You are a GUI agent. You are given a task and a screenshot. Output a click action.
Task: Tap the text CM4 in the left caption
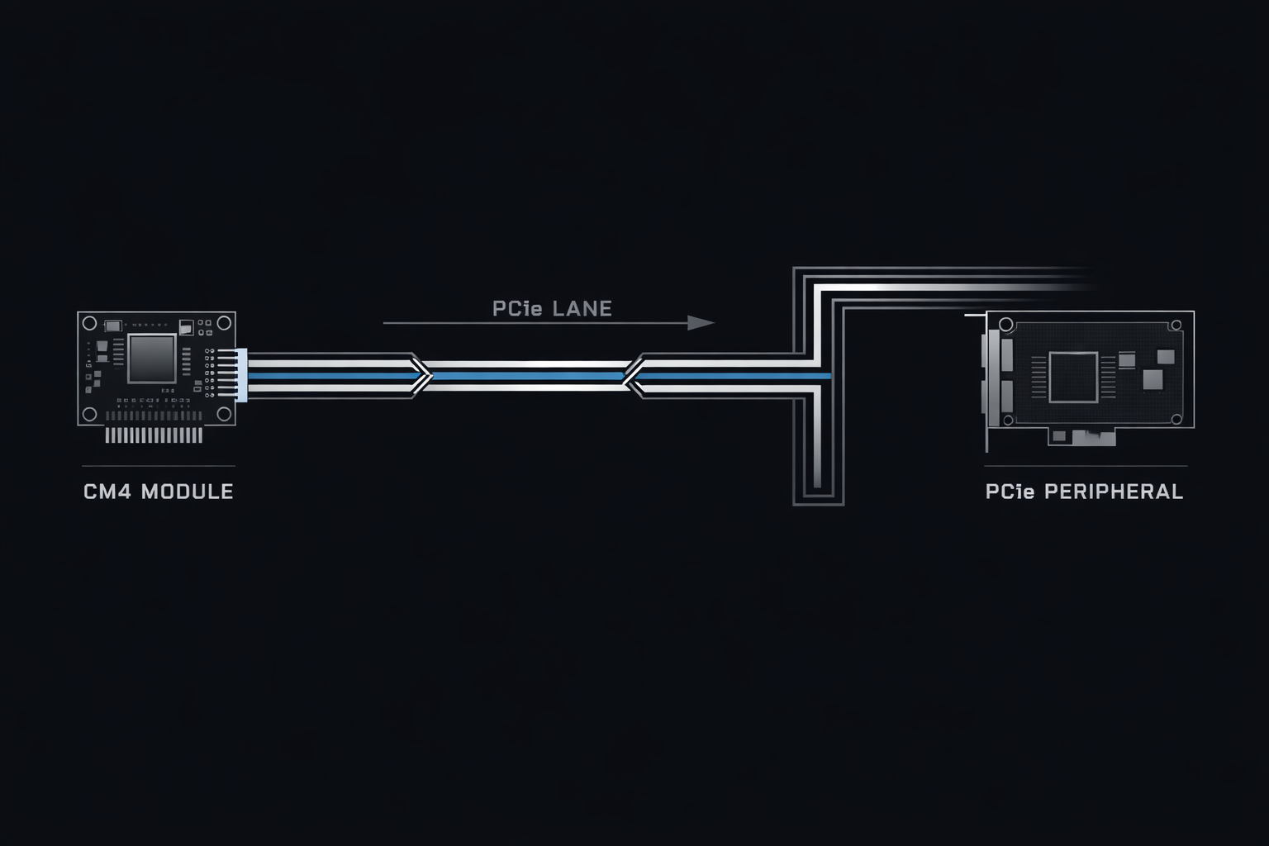pos(107,492)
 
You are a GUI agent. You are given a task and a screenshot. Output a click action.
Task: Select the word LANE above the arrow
pos(582,309)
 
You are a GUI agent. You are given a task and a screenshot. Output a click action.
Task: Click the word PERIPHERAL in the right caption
pos(1113,492)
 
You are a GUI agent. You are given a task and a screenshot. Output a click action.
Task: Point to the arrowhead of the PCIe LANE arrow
pos(702,322)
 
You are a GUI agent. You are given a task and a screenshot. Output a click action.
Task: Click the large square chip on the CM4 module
pos(151,359)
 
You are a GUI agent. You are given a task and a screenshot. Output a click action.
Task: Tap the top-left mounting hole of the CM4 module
pos(88,322)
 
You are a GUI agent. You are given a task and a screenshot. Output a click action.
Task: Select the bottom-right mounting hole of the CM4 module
pos(224,414)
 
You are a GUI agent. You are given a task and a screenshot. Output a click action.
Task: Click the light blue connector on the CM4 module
pos(241,375)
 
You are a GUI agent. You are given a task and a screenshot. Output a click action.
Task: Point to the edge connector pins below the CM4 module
pos(154,435)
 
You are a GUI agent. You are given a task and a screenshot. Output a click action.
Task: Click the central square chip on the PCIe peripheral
pos(1073,377)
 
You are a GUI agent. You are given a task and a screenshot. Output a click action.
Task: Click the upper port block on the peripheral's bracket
pos(1006,354)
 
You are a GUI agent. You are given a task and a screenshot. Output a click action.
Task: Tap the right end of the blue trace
pos(828,376)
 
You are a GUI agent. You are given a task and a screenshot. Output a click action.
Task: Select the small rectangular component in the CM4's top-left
pos(113,325)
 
